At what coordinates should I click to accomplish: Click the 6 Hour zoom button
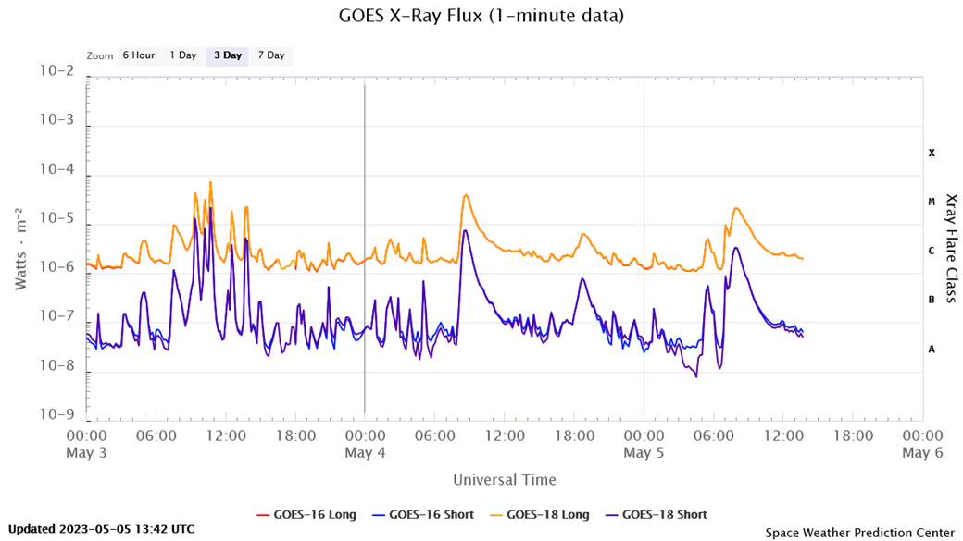138,55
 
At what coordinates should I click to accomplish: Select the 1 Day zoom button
182,55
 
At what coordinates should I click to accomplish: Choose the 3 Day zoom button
227,55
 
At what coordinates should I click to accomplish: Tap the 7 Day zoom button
270,55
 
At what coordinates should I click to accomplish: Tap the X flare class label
932,153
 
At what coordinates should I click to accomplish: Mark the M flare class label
932,202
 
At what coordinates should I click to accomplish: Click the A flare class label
932,349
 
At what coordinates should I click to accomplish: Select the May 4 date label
365,452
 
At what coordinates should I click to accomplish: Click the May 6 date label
922,452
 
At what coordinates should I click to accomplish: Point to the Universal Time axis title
505,480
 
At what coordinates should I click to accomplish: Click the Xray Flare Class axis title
951,248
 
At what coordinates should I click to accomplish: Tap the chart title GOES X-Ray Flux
481,16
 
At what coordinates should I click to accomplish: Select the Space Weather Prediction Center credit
859,532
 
